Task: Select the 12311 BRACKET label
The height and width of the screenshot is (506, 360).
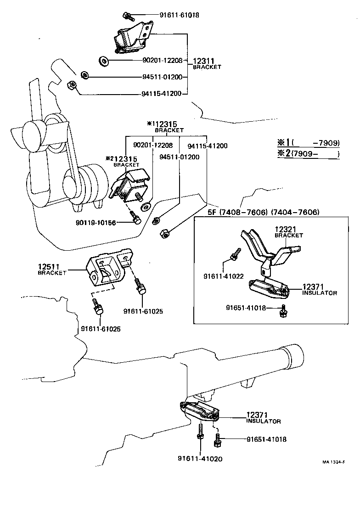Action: tap(207, 63)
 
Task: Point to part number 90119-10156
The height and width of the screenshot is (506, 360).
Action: tap(95, 223)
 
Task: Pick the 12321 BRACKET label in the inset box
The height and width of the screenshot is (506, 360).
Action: tap(288, 231)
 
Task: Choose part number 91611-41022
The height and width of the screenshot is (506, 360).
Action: tap(223, 276)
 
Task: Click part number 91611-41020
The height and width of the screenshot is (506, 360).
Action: tap(200, 458)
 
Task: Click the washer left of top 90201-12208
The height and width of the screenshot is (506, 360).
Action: tap(103, 60)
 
